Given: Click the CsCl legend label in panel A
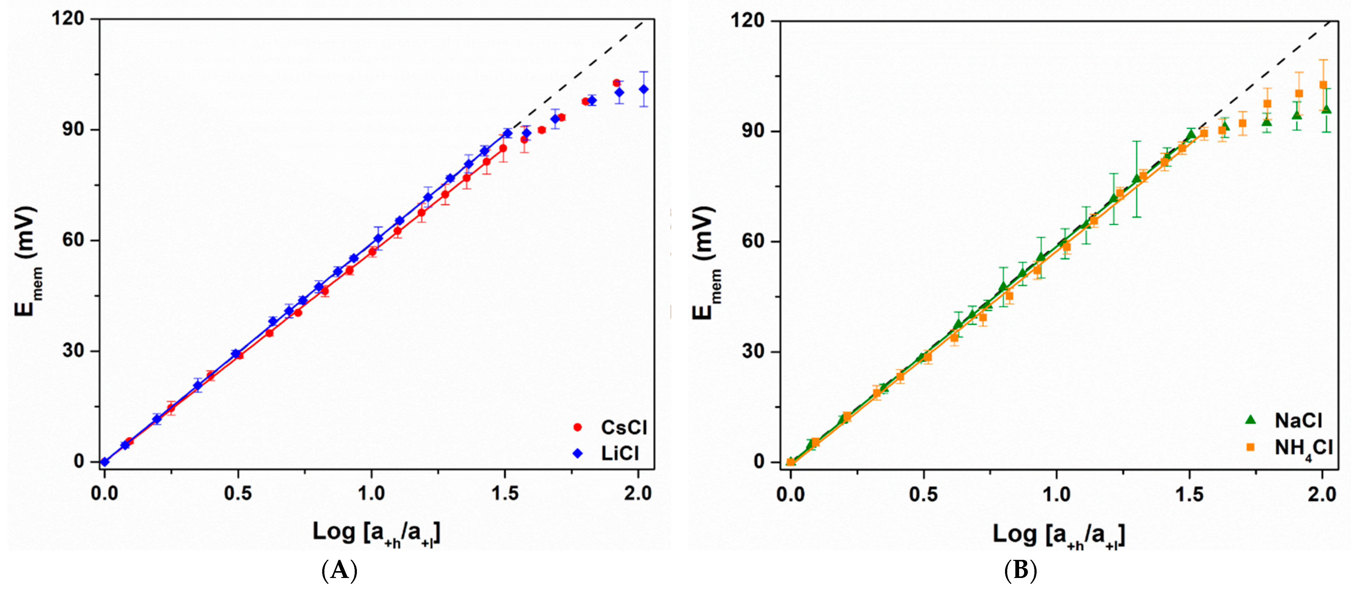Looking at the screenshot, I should pyautogui.click(x=623, y=428).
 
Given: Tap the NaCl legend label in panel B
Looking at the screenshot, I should pyautogui.click(x=1298, y=420).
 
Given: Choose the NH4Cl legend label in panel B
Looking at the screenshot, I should pyautogui.click(x=1303, y=448).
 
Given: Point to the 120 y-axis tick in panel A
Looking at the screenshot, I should pyautogui.click(x=68, y=19).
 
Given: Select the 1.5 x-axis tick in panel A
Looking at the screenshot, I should pyautogui.click(x=504, y=493).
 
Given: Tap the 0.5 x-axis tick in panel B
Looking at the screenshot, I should pyautogui.click(x=923, y=495).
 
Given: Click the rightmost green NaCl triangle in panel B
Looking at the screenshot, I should pyautogui.click(x=1326, y=109).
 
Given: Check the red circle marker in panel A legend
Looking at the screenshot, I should pyautogui.click(x=578, y=428).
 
